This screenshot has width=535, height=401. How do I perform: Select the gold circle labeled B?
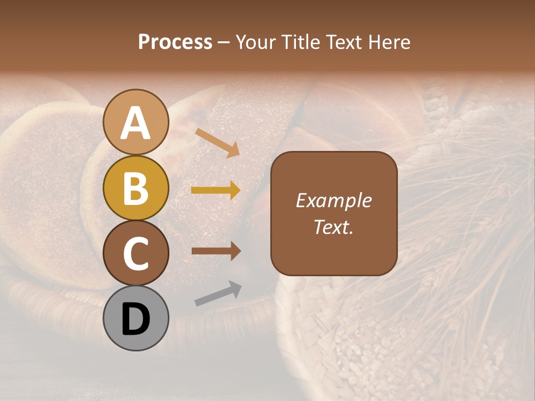[136, 188]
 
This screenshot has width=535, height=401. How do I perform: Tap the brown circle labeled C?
[136, 253]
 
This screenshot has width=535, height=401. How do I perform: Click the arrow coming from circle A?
[217, 143]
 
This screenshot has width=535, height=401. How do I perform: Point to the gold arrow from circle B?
[216, 190]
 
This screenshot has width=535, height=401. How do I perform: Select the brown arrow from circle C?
[216, 251]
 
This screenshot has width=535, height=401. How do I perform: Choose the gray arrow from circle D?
[218, 294]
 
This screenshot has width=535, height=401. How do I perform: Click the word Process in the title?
[175, 42]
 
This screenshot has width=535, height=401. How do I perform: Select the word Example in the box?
[333, 200]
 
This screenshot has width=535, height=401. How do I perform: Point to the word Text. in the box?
[333, 227]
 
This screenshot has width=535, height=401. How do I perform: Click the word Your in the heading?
[254, 42]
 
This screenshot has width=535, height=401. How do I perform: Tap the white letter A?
[136, 123]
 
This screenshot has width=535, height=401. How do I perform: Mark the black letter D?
[136, 320]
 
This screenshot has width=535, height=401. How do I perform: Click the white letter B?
[136, 188]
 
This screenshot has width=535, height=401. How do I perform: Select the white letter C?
[136, 253]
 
